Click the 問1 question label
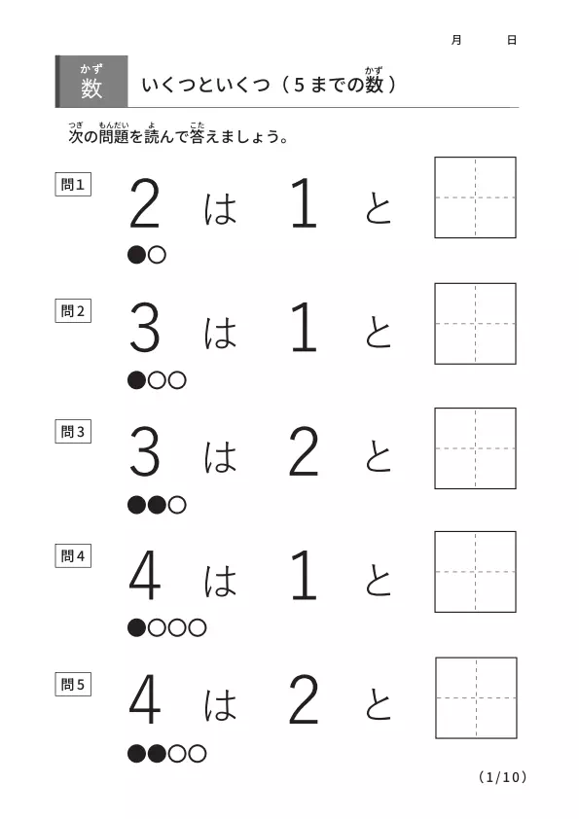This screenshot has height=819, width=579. click(73, 185)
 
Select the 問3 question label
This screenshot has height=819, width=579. click(73, 432)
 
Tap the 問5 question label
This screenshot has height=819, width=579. click(73, 684)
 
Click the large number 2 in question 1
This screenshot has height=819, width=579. click(144, 202)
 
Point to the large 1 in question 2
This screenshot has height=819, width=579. click(305, 328)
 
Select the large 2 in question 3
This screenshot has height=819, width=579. click(304, 450)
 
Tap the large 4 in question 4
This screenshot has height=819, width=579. click(144, 575)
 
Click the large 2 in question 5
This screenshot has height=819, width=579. click(304, 698)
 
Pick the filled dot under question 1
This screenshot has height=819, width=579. click(136, 255)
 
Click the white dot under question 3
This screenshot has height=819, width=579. click(177, 505)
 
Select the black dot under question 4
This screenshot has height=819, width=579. click(136, 627)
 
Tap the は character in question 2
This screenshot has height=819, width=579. click(220, 333)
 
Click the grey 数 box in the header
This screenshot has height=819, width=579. click(91, 82)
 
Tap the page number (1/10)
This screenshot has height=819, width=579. click(502, 777)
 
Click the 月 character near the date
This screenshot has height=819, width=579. click(456, 40)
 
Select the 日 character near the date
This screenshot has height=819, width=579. click(512, 40)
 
